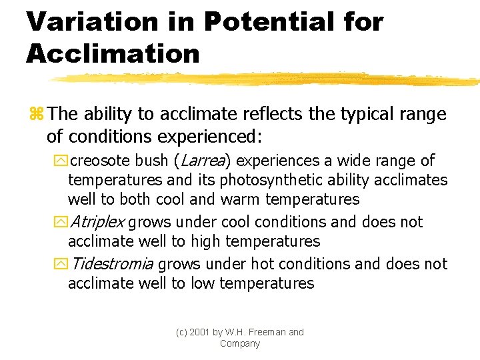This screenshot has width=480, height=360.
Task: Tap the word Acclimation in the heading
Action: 113,53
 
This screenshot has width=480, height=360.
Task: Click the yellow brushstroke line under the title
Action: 267,79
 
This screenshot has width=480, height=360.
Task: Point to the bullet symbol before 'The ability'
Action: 35,115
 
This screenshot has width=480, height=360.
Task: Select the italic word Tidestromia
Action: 112,263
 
